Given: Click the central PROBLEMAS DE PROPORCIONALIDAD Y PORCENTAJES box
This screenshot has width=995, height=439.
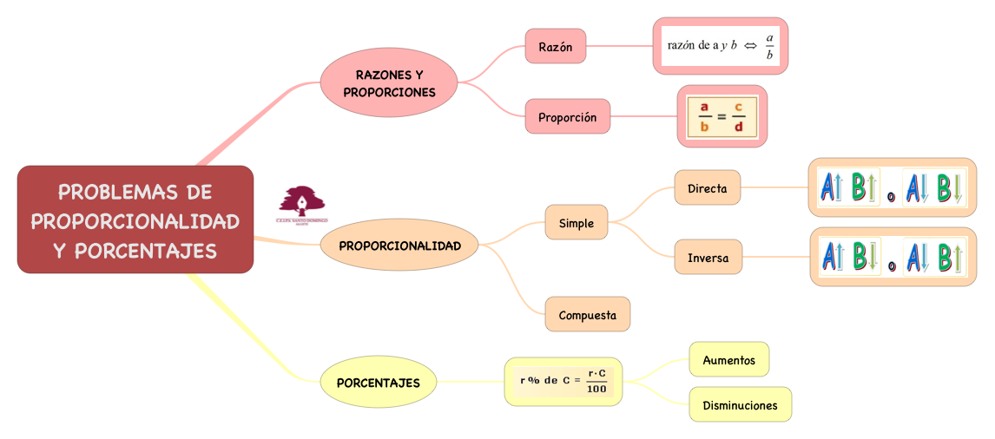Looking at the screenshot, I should [135, 219].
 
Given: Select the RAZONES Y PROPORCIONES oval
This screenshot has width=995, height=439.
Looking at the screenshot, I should [389, 82].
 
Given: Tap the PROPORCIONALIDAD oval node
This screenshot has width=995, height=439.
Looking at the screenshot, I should [399, 246].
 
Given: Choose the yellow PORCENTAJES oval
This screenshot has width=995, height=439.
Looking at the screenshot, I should [378, 382].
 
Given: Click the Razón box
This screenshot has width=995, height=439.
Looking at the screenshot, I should [556, 47].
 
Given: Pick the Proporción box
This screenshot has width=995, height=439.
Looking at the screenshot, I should [568, 117].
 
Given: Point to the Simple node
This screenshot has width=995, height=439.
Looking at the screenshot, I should [577, 223].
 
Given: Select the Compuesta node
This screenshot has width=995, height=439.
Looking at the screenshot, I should [588, 315].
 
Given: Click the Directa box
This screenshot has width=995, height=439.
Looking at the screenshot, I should [708, 188].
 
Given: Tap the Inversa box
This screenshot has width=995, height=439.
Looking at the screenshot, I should [708, 258].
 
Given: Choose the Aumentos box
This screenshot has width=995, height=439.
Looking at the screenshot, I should [729, 360].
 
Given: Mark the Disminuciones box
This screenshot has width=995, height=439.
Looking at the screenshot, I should [741, 405].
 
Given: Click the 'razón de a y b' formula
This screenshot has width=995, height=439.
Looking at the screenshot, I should [721, 46].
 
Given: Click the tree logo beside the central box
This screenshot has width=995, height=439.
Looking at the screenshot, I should [301, 205].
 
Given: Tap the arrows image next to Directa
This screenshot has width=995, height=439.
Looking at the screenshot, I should [892, 187].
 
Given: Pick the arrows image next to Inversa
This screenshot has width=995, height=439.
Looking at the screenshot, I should [893, 257].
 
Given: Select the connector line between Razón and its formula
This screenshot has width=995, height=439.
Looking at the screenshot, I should [619, 46].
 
